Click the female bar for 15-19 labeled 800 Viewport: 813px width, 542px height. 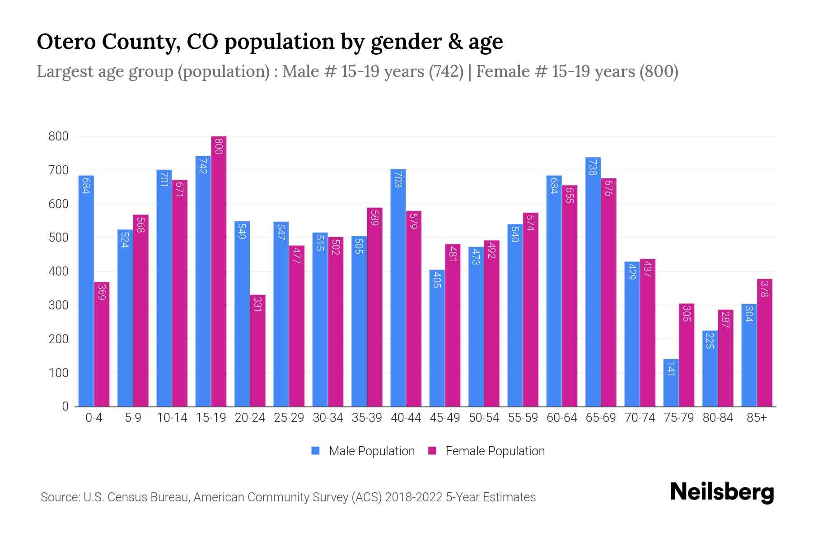tap(219, 271)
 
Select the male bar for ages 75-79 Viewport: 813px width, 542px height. tap(671, 383)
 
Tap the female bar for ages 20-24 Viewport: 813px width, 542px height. tap(258, 350)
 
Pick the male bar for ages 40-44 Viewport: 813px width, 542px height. tap(398, 288)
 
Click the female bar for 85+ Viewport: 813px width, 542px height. tap(765, 343)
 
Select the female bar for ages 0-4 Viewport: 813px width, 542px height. tap(102, 344)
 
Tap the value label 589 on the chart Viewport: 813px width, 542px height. tap(374, 218)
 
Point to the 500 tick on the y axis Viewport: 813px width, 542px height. tap(58, 238)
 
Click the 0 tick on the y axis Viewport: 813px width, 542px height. tap(65, 406)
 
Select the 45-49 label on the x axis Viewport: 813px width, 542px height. tap(444, 418)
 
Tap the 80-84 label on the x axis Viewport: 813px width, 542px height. tap(718, 418)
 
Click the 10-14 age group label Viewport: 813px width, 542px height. tap(172, 418)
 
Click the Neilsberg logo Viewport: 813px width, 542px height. tap(722, 492)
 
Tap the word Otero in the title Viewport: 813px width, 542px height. tap(65, 42)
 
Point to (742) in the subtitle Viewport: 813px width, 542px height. tap(446, 71)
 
